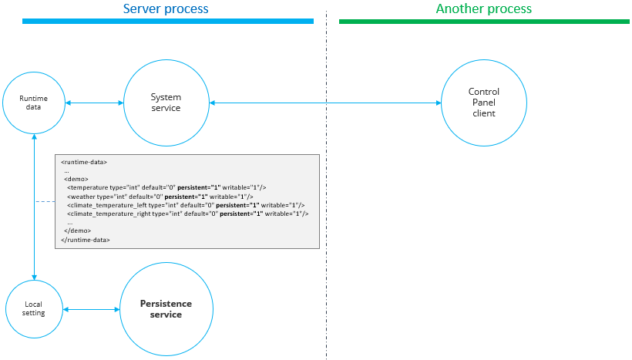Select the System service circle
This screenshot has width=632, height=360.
coord(166,103)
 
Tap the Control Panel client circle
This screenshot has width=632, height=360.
coord(484,103)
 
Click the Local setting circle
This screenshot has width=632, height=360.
coord(33,308)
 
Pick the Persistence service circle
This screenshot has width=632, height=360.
coord(166,309)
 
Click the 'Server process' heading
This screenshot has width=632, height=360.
coord(166,9)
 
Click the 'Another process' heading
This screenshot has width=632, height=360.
coord(484,9)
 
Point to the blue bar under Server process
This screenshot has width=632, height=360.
coord(168,22)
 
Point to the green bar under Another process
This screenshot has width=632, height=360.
coord(484,22)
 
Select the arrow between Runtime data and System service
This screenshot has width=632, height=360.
coord(94,103)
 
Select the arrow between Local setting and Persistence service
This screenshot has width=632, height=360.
coord(91,309)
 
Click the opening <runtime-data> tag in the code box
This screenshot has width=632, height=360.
coord(84,162)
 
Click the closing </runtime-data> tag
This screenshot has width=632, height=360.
coord(85,240)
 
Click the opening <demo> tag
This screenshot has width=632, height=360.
coord(76,179)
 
